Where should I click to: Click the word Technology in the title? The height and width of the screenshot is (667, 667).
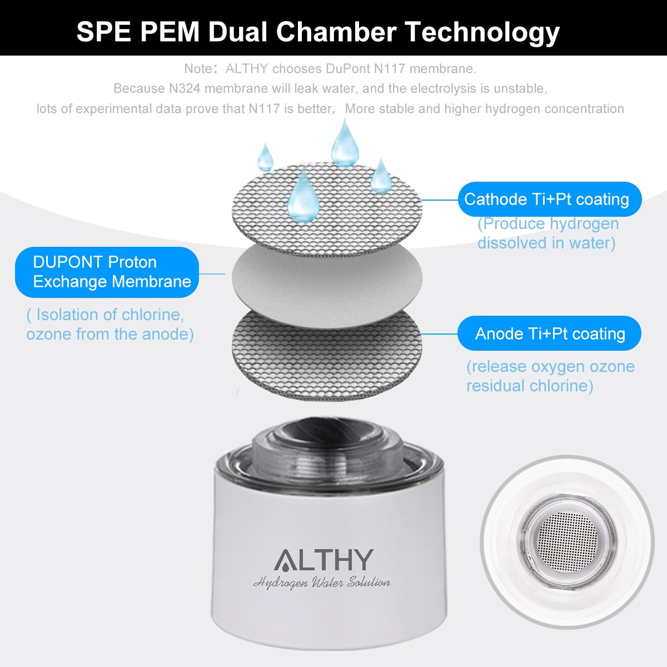click(482, 32)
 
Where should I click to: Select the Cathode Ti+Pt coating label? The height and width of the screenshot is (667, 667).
click(549, 199)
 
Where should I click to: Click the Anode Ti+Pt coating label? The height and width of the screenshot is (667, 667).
click(549, 333)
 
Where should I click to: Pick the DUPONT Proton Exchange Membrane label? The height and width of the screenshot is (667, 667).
click(107, 272)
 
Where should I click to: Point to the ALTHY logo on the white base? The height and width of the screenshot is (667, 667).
click(323, 560)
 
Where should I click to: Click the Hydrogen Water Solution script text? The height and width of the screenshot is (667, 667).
click(322, 583)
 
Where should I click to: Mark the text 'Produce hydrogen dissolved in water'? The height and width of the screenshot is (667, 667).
click(547, 233)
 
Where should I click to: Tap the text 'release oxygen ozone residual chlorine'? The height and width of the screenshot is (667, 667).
click(549, 376)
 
